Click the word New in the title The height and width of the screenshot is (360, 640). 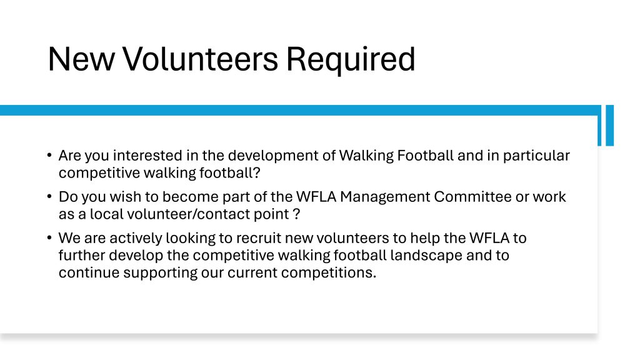[81, 59]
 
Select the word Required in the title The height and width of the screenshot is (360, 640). [351, 60]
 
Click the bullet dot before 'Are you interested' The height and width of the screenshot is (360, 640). [49, 155]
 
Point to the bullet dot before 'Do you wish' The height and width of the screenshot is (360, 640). [49, 196]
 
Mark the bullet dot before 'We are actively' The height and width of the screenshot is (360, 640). [49, 237]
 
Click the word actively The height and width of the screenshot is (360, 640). [136, 238]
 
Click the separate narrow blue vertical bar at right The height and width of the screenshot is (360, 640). [610, 125]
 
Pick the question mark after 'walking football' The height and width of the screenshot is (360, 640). [257, 172]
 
